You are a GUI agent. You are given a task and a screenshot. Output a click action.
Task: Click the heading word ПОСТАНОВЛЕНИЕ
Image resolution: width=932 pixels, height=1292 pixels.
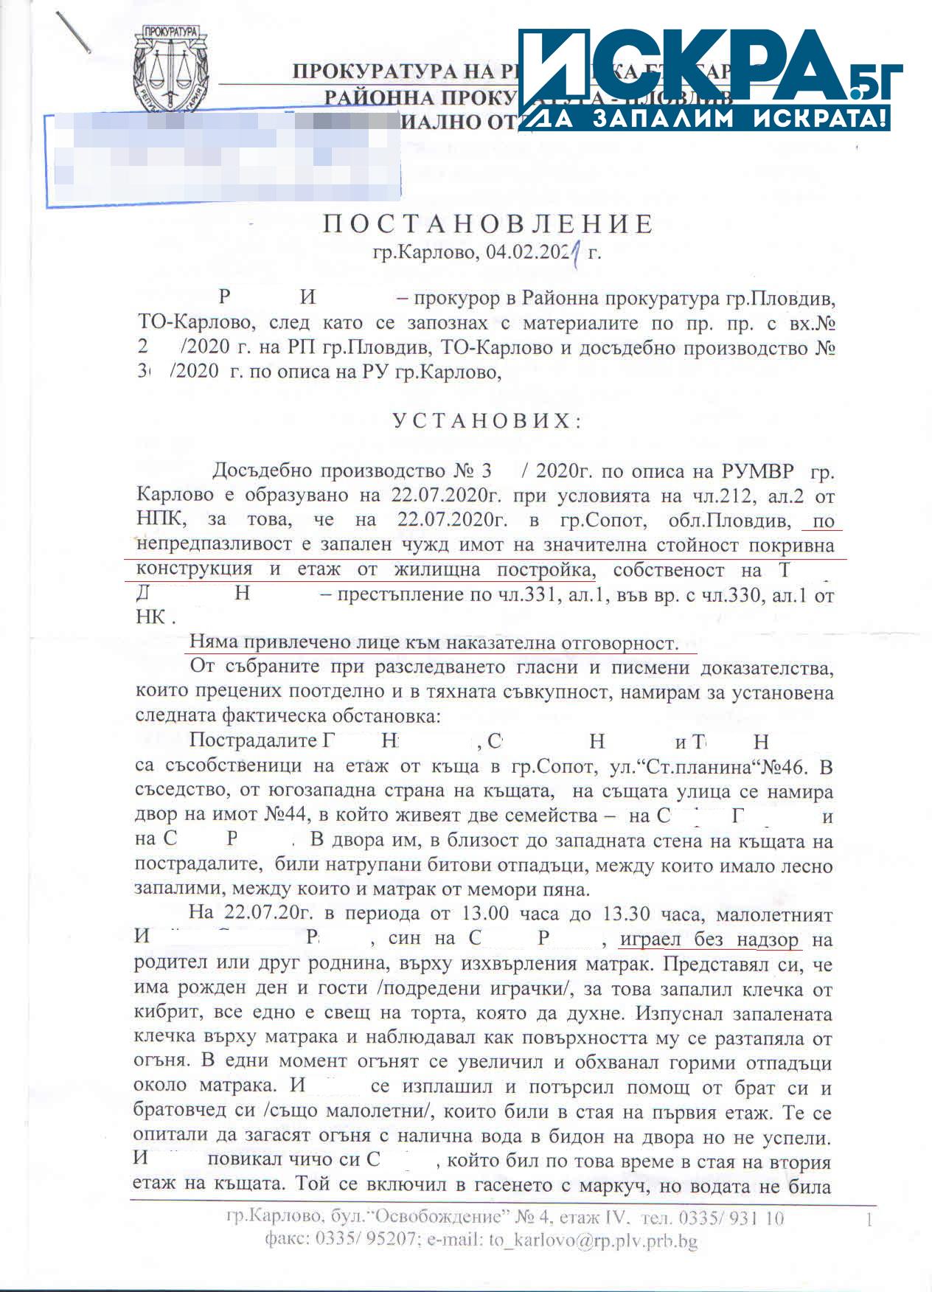click(x=487, y=224)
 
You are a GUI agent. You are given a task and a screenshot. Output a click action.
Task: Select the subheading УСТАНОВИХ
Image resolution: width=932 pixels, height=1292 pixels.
click(x=487, y=421)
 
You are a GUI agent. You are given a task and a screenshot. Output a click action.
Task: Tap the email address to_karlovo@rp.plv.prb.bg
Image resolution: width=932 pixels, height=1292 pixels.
click(x=593, y=1241)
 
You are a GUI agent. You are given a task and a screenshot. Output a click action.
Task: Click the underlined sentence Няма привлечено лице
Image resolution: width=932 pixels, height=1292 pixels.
click(x=433, y=643)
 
